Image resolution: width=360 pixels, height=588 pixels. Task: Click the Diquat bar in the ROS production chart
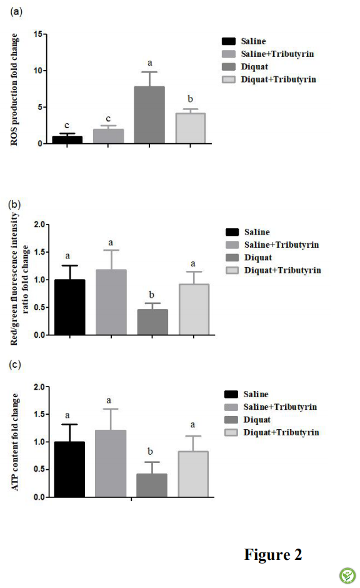(x=149, y=114)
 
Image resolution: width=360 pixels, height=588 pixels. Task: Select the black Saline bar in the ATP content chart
(x=69, y=469)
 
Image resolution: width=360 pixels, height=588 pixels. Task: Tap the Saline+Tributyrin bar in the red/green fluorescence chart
(x=111, y=302)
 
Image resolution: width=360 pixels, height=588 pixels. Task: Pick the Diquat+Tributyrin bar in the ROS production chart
(x=190, y=128)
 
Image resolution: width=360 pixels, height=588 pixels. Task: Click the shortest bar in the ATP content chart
(x=152, y=485)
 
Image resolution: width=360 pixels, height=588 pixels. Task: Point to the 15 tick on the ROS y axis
(x=38, y=34)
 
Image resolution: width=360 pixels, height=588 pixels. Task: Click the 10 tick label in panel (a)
(x=38, y=71)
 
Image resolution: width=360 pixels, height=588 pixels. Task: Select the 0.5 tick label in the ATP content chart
(x=39, y=469)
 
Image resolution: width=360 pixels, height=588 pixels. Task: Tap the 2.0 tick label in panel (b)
(x=39, y=224)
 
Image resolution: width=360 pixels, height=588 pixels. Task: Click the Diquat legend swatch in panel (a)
(x=229, y=67)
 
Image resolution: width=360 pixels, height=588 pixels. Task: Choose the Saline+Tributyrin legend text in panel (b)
(x=282, y=245)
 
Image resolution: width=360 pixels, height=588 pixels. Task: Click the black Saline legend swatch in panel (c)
(x=231, y=394)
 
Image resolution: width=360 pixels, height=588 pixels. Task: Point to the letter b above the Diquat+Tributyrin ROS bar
(x=190, y=99)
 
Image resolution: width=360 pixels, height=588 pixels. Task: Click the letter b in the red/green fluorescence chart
(x=151, y=295)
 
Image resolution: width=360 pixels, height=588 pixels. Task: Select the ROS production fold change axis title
(x=14, y=89)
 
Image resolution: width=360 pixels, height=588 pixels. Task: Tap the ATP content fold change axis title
(x=15, y=442)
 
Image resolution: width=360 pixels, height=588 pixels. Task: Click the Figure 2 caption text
(x=273, y=554)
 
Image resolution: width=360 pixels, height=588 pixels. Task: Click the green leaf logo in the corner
(x=347, y=575)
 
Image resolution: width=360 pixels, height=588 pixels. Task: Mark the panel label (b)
(x=14, y=205)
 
